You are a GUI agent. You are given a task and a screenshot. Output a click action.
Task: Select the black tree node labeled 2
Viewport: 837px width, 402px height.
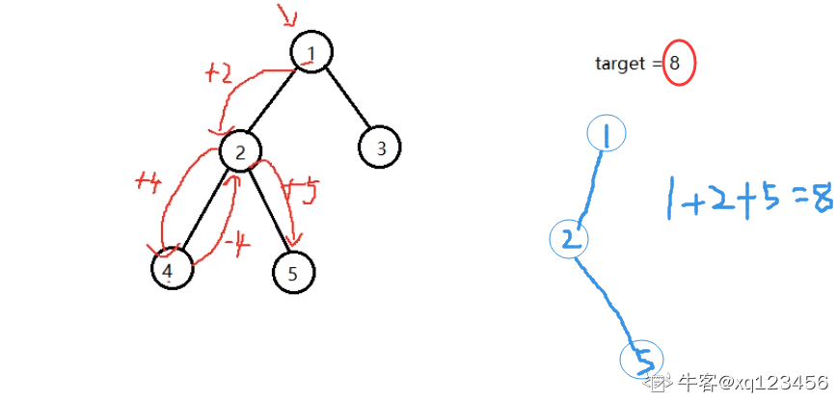pos(241,150)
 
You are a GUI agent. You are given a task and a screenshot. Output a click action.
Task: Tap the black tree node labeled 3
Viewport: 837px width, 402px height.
pos(380,148)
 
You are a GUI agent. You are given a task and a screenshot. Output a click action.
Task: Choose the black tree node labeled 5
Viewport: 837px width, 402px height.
pos(292,273)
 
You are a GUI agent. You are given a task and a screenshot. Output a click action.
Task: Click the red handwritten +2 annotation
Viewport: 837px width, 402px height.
pos(219,73)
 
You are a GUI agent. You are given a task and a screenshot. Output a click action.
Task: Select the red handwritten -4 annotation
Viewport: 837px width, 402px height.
pos(235,247)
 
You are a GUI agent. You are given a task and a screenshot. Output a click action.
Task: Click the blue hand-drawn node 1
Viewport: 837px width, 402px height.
pos(607,136)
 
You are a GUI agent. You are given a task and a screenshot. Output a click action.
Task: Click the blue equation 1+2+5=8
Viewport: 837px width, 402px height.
pos(748,199)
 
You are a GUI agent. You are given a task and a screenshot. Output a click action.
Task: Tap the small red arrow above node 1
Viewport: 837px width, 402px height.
pos(287,16)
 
